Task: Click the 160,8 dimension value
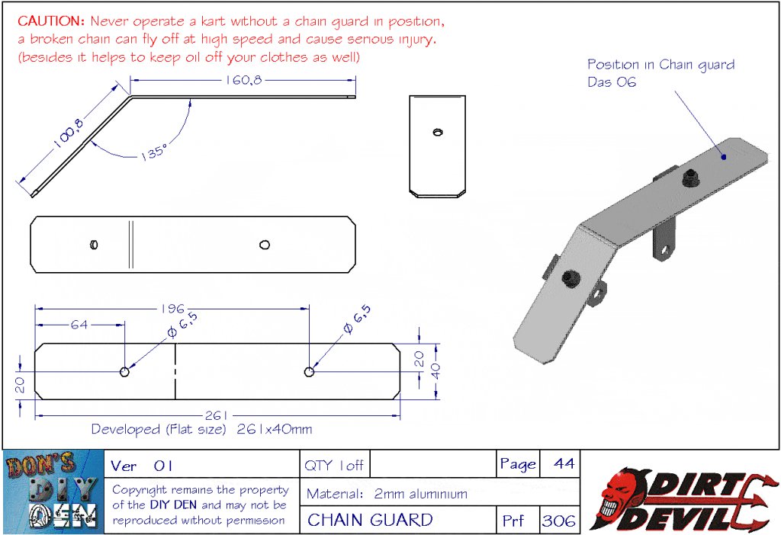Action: pos(243,81)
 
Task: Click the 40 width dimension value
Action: pos(435,370)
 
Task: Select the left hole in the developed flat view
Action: pos(124,372)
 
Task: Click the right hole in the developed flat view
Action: pos(309,372)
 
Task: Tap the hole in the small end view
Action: pos(437,133)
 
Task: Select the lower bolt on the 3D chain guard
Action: pos(570,280)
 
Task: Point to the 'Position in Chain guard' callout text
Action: pos(660,65)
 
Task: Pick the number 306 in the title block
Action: pos(558,521)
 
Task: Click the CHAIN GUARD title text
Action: pos(370,521)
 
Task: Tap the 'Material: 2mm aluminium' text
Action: pos(387,493)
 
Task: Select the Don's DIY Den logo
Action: pos(52,492)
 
